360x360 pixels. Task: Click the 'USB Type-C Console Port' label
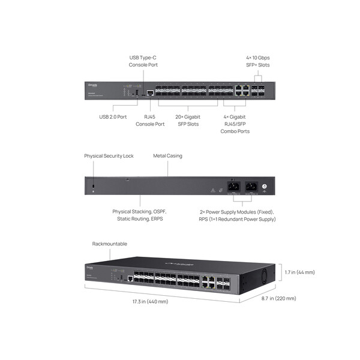[143, 61]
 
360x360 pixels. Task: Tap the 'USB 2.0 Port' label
[113, 116]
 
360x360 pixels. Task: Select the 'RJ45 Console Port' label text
[150, 120]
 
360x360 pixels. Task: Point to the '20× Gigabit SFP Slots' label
[188, 120]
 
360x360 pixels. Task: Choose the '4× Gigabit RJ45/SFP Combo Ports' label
[235, 124]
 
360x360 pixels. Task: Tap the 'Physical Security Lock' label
[109, 156]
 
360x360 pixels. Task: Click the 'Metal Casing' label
[167, 156]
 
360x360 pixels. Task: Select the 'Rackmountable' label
[110, 244]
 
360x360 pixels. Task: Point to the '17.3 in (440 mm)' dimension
[151, 301]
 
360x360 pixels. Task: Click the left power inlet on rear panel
[233, 186]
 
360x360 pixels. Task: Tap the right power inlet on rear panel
[251, 186]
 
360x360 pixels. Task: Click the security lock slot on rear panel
[93, 188]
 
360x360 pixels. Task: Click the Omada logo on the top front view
[92, 85]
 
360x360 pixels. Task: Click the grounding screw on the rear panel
[265, 187]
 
